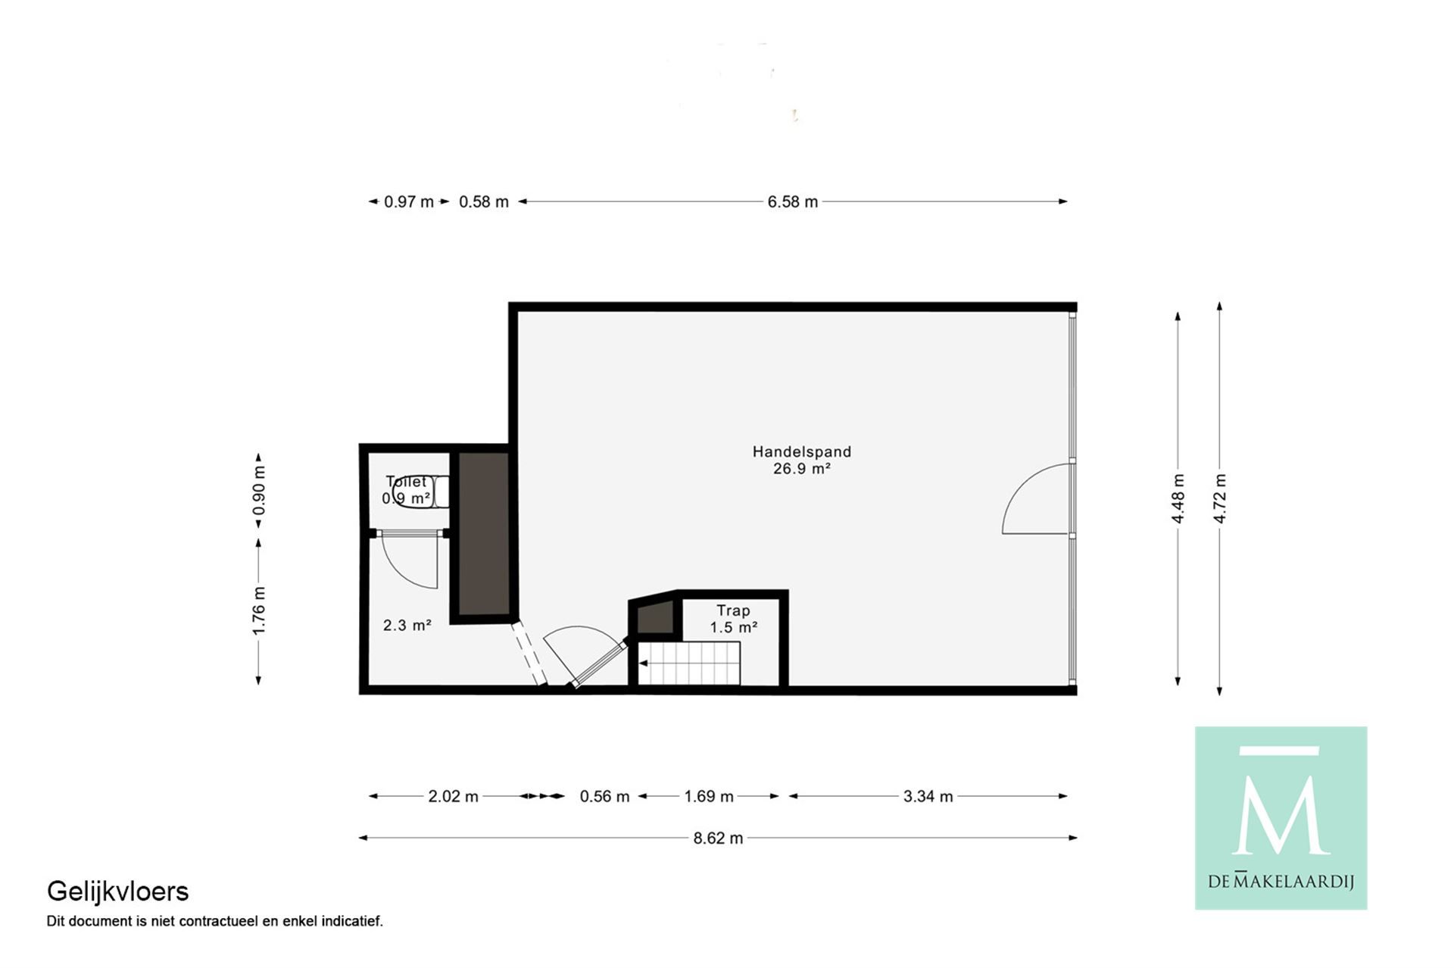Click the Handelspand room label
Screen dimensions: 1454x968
coord(801,451)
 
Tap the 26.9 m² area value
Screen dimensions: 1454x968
coord(801,469)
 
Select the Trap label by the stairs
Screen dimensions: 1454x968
coord(733,610)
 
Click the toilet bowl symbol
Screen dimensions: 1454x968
coord(421,492)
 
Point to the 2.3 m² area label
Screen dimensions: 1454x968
coord(407,625)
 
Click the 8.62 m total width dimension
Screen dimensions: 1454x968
coord(718,838)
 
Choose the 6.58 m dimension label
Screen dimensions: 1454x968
coord(792,202)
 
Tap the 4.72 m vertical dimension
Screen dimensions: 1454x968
coord(1219,498)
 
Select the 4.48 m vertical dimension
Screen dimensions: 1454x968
coord(1178,498)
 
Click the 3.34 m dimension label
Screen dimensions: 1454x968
coord(928,796)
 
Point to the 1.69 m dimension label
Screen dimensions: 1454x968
coord(708,796)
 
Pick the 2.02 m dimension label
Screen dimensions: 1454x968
coord(453,796)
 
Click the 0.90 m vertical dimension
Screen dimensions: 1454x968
coord(259,490)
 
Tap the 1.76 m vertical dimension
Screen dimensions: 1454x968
coord(259,610)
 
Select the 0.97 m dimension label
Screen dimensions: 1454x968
coord(409,202)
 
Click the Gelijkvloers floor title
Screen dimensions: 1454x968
coord(117,891)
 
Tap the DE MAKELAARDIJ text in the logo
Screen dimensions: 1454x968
coord(1281,881)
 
